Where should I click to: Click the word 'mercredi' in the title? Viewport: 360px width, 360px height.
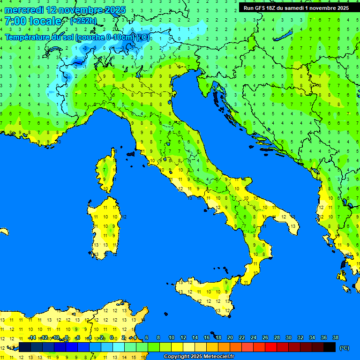(24, 10)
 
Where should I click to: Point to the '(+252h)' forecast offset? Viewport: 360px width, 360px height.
(83, 21)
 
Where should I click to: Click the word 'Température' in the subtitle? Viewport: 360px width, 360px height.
(27, 37)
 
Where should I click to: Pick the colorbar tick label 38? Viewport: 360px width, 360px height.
(335, 337)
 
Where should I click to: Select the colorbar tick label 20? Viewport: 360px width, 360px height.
(230, 337)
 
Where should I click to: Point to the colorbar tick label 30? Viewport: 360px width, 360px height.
(288, 337)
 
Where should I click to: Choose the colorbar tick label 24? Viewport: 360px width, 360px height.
(253, 337)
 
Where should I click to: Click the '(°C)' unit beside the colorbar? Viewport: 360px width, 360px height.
(345, 348)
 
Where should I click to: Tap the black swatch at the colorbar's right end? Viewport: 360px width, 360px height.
(330, 347)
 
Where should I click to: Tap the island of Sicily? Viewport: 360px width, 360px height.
(206, 293)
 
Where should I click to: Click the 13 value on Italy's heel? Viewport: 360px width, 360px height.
(293, 226)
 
